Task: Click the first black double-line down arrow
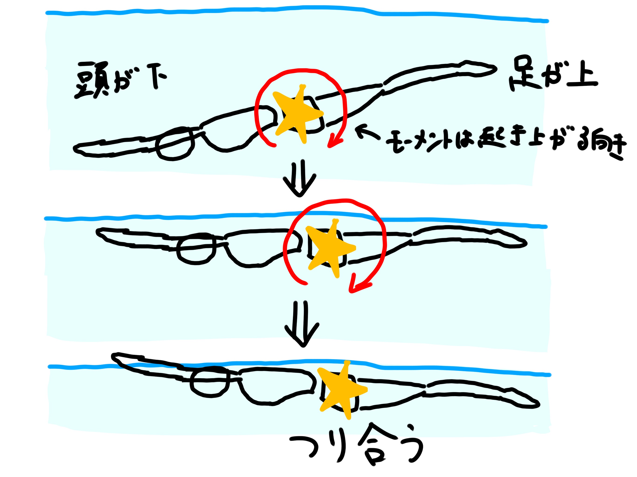299,180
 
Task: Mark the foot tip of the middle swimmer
524,243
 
